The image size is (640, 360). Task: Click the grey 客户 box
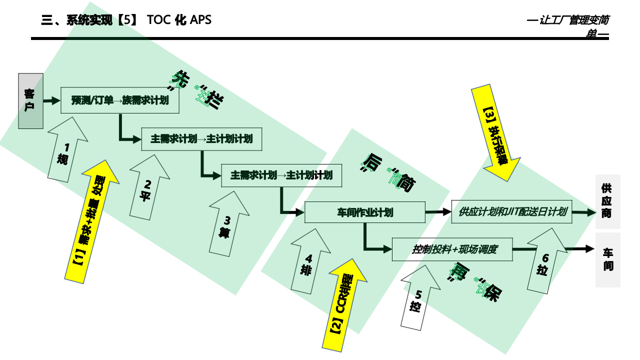click(x=30, y=101)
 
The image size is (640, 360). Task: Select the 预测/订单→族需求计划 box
click(x=120, y=100)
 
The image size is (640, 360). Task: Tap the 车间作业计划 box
click(x=365, y=212)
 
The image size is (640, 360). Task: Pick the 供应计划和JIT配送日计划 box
click(x=512, y=211)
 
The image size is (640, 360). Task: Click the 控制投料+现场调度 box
click(x=452, y=249)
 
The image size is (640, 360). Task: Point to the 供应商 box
click(x=607, y=201)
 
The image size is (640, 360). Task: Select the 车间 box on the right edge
click(x=607, y=259)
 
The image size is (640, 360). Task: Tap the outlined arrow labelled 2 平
click(x=146, y=188)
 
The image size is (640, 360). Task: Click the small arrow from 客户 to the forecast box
click(x=51, y=101)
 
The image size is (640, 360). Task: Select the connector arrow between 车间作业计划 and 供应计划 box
click(x=438, y=212)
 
